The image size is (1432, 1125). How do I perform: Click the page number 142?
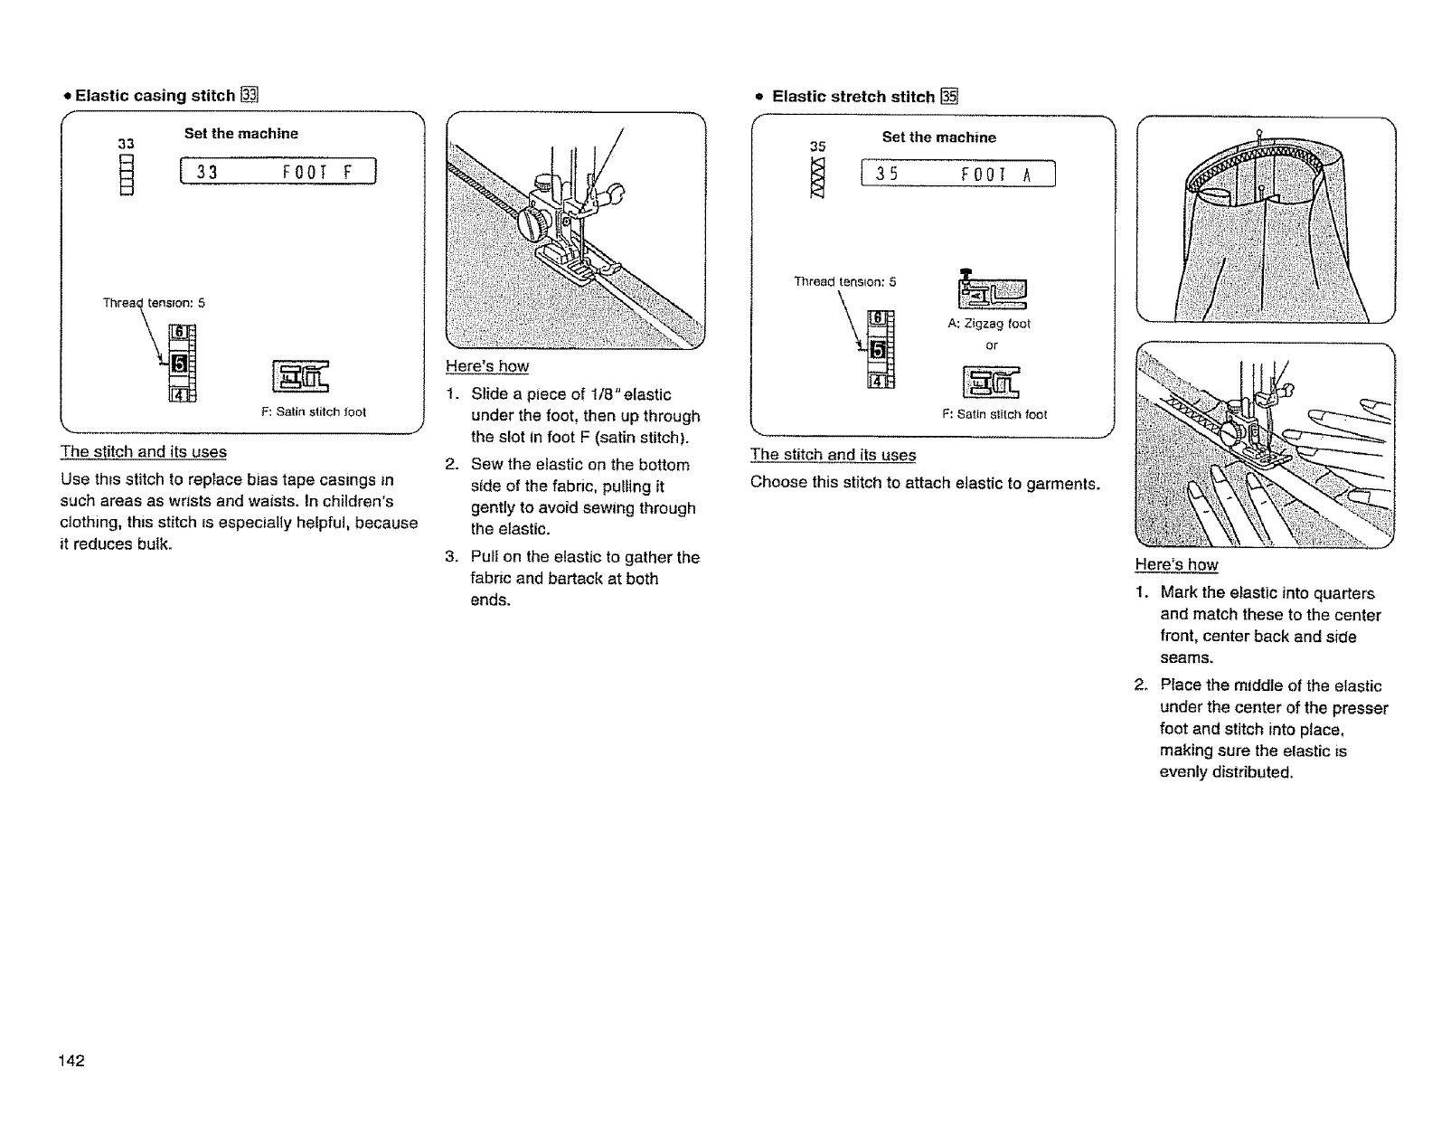[x=71, y=1061]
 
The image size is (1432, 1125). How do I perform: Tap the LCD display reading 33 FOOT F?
[x=278, y=171]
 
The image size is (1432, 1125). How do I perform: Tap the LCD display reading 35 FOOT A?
[x=958, y=174]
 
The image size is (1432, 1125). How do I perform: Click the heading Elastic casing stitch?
[x=155, y=95]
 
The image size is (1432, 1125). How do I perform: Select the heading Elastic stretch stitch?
[x=853, y=97]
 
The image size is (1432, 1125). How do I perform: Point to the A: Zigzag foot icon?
[x=991, y=293]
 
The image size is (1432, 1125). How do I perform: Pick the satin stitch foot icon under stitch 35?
[x=991, y=381]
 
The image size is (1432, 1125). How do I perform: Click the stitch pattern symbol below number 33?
[x=127, y=175]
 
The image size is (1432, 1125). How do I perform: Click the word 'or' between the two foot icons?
[x=992, y=345]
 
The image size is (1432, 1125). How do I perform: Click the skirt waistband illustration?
[x=1266, y=220]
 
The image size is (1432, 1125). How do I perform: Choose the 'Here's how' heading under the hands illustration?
[x=1176, y=565]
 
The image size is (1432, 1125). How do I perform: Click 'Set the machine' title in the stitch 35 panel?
[x=938, y=137]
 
